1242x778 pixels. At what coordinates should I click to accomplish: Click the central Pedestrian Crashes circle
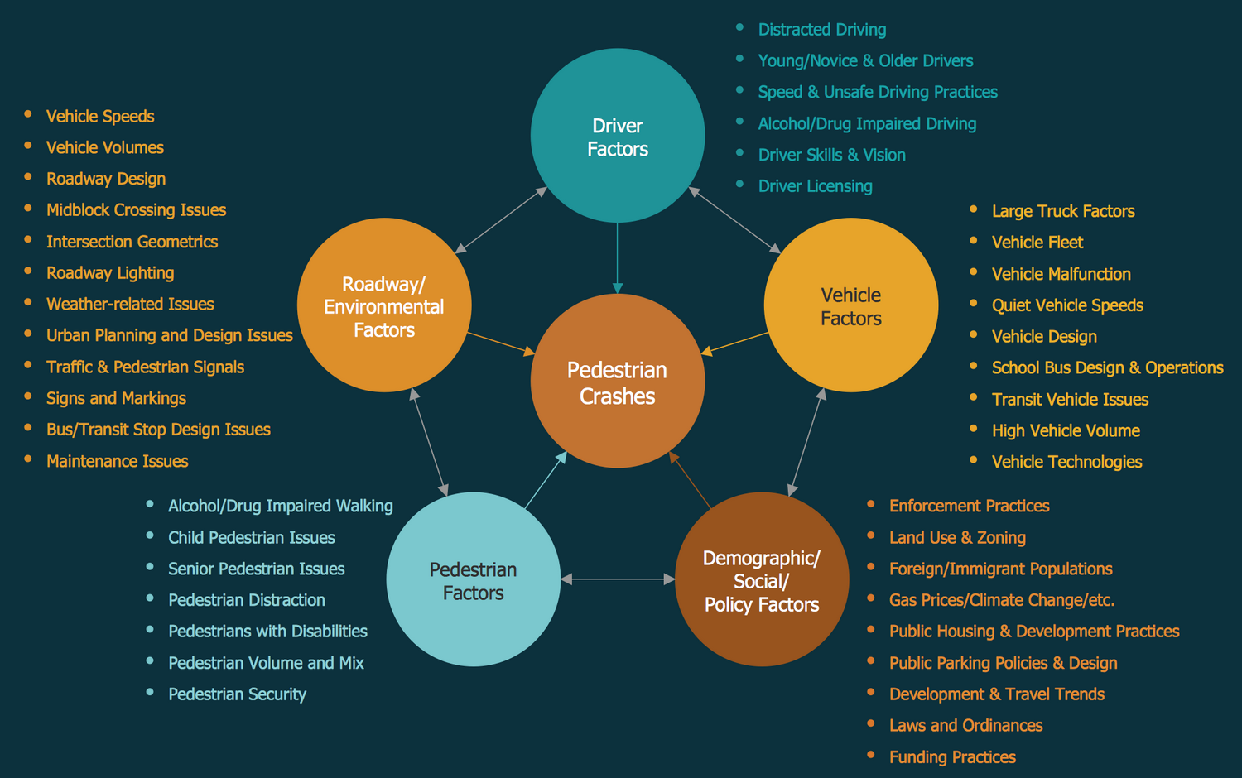617,382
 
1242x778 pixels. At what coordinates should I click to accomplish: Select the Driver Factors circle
617,136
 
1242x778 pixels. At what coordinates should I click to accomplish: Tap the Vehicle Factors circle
850,305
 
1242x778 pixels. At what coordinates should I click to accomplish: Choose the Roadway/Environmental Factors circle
384,305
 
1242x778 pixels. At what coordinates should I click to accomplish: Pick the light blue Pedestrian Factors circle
473,579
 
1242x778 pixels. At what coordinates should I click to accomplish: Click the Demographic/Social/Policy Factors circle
762,579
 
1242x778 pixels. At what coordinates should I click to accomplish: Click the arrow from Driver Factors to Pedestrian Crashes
617,257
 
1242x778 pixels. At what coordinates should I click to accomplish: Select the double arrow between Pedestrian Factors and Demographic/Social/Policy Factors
618,579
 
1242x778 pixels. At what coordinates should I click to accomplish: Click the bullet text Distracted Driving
821,30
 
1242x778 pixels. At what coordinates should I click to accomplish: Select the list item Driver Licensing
815,186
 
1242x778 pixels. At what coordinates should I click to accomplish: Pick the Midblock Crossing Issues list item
136,210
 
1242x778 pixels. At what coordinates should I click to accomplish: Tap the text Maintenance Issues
117,461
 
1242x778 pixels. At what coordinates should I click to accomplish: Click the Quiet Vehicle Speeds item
1067,305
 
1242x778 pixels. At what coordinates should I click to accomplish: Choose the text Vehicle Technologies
1066,462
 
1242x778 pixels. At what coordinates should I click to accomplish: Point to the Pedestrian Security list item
237,694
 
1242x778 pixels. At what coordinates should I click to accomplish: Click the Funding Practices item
952,757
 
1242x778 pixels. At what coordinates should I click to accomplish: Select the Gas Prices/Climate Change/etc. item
1002,600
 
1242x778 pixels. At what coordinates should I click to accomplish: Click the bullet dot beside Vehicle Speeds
28,114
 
